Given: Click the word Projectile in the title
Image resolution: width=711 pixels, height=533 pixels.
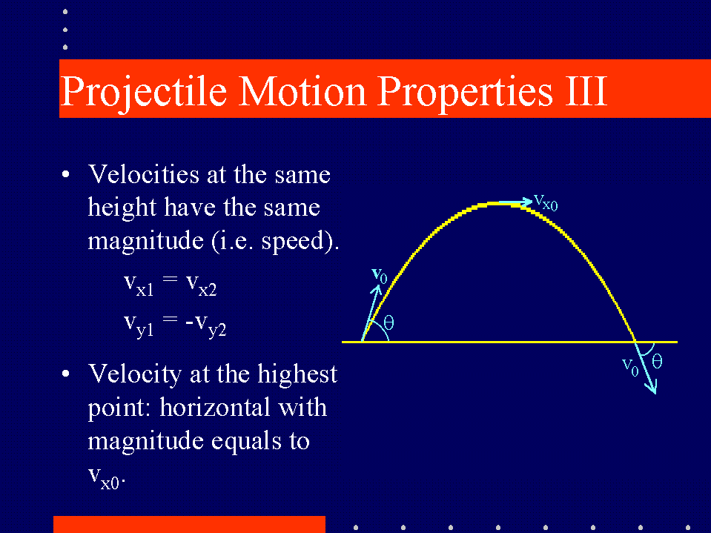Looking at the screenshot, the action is [143, 93].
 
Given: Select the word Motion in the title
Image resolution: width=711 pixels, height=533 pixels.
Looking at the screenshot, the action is [302, 91].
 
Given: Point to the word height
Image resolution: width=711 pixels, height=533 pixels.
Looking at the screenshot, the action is [122, 208].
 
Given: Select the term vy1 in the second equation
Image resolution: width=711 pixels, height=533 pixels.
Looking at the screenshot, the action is [139, 325].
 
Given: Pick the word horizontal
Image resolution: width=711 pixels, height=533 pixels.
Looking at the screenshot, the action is [243, 408].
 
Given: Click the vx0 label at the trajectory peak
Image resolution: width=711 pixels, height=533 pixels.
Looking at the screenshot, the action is [546, 202].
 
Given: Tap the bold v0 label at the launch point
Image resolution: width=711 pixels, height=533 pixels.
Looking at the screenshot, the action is [379, 276].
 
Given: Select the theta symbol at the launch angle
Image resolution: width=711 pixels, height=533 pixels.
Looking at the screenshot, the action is [388, 322].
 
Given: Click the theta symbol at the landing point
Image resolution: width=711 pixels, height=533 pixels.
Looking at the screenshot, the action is [657, 361].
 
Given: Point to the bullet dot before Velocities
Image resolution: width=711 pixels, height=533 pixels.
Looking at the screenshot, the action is [66, 174].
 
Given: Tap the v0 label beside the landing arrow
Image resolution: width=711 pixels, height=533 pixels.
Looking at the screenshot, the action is [630, 367].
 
